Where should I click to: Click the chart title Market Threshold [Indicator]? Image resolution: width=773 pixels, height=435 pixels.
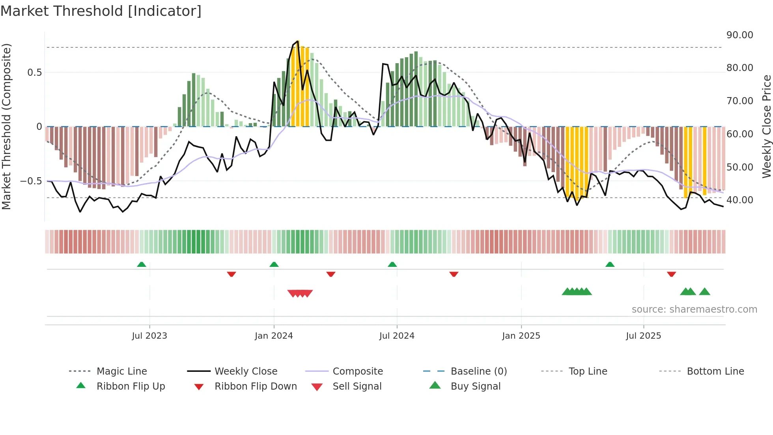pyautogui.click(x=101, y=11)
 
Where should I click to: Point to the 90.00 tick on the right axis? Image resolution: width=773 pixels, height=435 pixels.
pyautogui.click(x=739, y=35)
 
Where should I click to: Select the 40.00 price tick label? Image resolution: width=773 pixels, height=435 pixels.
pyautogui.click(x=739, y=200)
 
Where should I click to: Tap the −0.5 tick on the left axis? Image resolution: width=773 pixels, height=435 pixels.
pyautogui.click(x=31, y=181)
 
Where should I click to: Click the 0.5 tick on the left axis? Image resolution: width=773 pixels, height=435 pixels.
pyautogui.click(x=34, y=73)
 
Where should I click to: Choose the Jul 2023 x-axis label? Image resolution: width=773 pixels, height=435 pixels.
pyautogui.click(x=149, y=336)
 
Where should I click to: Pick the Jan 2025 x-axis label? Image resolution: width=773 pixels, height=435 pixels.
pyautogui.click(x=521, y=336)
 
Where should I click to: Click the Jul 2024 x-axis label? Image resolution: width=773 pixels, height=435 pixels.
pyautogui.click(x=397, y=336)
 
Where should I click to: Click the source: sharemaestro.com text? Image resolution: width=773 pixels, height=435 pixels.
pyautogui.click(x=694, y=309)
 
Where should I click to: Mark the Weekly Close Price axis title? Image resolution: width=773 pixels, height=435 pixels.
pyautogui.click(x=766, y=126)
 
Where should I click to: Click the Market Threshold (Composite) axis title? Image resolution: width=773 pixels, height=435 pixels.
pyautogui.click(x=6, y=126)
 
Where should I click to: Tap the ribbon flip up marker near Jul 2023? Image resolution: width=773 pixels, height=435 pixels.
pyautogui.click(x=142, y=264)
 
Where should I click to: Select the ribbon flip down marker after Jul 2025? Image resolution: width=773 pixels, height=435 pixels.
pyautogui.click(x=672, y=274)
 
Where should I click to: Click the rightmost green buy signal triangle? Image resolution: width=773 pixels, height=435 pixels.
pyautogui.click(x=704, y=292)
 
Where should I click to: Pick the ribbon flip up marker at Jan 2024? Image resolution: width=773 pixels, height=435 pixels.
pyautogui.click(x=274, y=264)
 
